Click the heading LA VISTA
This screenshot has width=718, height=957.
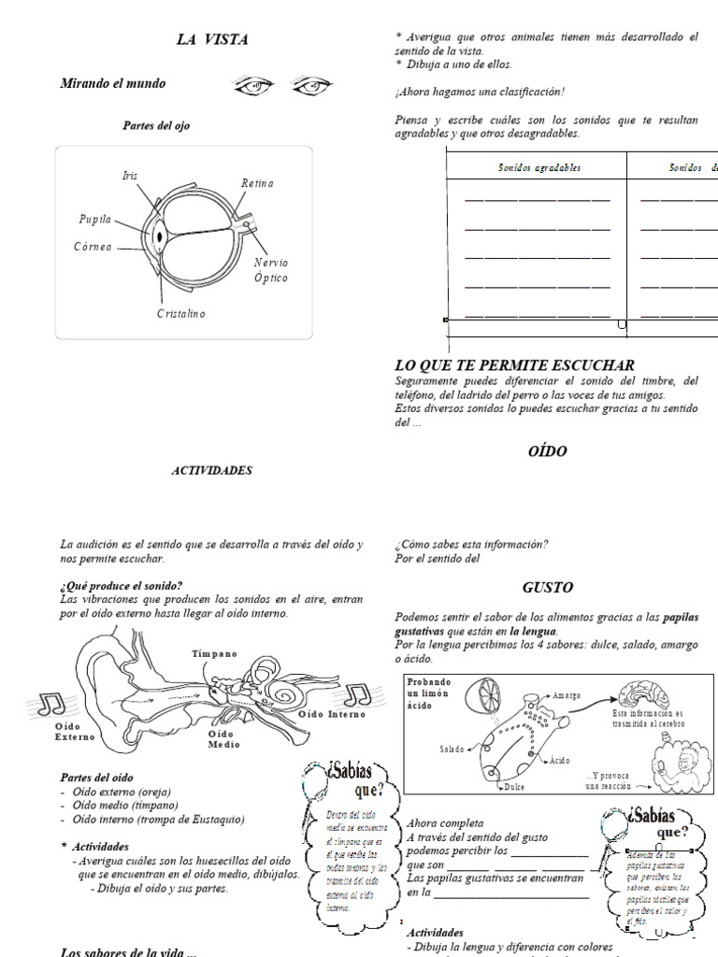click(x=212, y=39)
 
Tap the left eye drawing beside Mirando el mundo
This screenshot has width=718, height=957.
click(x=253, y=86)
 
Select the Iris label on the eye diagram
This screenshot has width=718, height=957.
click(x=130, y=176)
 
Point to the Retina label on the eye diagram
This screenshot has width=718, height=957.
click(x=257, y=183)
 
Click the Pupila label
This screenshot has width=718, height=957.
click(x=95, y=220)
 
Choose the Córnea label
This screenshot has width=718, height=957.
click(x=93, y=247)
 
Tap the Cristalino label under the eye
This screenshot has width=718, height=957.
click(x=180, y=314)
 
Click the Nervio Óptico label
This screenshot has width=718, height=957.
click(x=271, y=270)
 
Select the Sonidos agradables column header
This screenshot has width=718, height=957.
click(x=539, y=168)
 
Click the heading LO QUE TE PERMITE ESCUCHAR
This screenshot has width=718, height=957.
click(x=515, y=365)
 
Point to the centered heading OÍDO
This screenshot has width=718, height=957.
click(x=548, y=451)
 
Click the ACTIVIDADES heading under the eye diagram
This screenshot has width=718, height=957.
click(x=211, y=471)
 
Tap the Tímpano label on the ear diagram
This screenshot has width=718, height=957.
click(x=215, y=653)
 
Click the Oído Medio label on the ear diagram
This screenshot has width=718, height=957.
click(x=223, y=739)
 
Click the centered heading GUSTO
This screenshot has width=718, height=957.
click(x=548, y=588)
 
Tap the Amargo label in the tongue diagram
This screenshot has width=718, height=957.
click(x=567, y=696)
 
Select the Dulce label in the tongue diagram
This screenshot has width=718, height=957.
click(x=513, y=788)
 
